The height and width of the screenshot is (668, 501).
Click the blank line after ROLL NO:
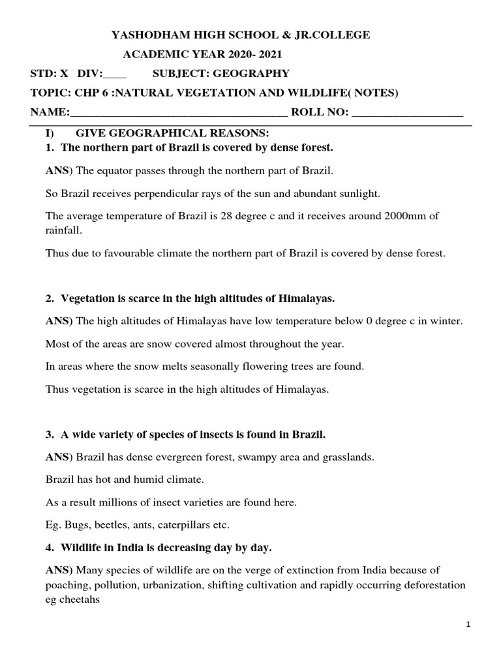point(408,113)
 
